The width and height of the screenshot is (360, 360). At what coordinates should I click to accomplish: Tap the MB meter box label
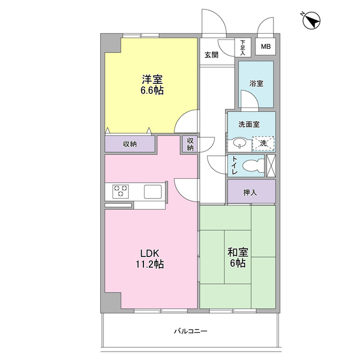265,47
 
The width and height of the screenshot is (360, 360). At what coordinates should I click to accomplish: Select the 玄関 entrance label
211,55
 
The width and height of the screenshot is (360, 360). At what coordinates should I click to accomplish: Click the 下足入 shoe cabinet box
243,47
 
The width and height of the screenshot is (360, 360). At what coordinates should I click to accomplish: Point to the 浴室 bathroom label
256,83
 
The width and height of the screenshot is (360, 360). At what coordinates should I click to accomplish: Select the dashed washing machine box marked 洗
263,143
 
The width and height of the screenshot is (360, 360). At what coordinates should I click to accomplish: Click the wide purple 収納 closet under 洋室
130,144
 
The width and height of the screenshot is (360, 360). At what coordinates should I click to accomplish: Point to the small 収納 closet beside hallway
190,144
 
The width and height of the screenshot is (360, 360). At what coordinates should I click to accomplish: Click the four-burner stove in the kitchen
120,191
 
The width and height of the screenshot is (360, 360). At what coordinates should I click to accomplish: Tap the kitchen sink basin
152,191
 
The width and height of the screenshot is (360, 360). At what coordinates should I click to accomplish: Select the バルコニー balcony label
190,331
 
